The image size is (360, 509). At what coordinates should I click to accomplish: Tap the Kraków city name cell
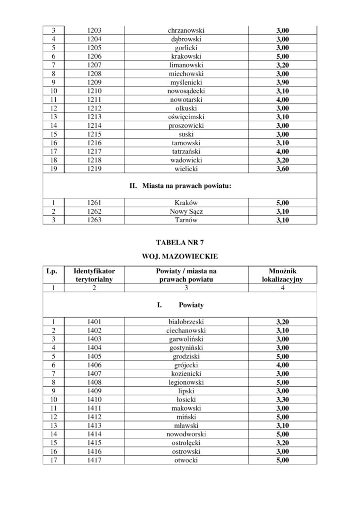[x=186, y=203]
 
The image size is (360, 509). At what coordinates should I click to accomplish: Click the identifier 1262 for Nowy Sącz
[x=91, y=211]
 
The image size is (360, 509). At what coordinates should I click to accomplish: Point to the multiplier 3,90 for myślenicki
[x=282, y=83]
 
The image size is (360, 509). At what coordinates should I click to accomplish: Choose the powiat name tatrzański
[x=186, y=152]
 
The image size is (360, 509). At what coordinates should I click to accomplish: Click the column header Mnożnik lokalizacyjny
[x=282, y=275]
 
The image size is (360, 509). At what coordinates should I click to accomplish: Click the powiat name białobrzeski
[x=186, y=322]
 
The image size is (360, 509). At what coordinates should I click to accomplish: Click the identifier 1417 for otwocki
[x=91, y=460]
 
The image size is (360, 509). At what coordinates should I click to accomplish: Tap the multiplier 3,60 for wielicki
[x=282, y=169]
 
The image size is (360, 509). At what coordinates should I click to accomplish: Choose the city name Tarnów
[x=186, y=220]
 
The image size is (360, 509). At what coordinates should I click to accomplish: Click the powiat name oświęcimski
[x=186, y=117]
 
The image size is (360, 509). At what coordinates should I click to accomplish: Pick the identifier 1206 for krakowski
[x=91, y=57]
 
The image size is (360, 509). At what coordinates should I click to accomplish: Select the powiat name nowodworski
[x=186, y=434]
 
